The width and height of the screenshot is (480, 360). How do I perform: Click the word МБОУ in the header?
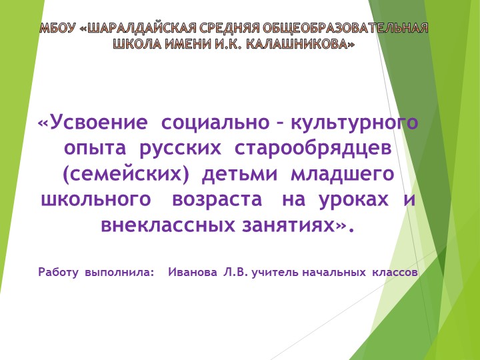click(x=57, y=29)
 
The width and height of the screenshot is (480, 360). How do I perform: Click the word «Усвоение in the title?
click(x=93, y=123)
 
